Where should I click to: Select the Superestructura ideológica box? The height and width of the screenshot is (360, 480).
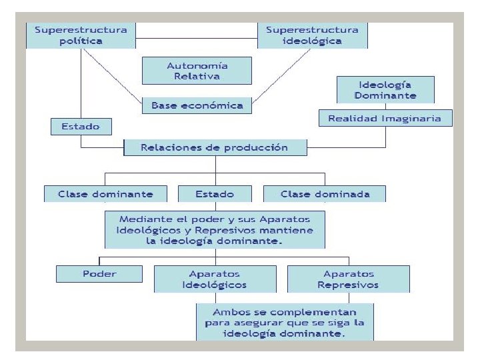pos(312,35)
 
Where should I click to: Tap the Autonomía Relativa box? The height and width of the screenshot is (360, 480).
pos(197,71)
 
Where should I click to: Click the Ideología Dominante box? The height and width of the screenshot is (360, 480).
pos(385,89)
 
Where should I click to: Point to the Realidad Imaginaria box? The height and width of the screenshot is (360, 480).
pos(385,119)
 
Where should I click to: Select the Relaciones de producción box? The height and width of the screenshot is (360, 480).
pos(215,147)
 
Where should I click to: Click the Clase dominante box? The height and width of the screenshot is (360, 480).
pos(105,194)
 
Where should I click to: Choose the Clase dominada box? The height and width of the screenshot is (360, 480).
pos(325,194)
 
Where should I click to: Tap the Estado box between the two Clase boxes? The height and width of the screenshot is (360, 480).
pos(215,194)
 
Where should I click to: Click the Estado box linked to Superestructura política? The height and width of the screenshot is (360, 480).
pos(81,126)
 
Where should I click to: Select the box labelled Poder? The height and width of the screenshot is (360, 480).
pos(99,273)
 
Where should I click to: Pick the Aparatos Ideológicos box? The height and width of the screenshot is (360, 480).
pos(215,279)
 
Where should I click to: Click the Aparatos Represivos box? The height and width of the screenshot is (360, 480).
pos(348,279)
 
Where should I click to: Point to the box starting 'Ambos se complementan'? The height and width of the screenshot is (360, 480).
pos(285,323)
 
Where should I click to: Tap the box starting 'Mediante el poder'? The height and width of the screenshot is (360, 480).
pos(215,230)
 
